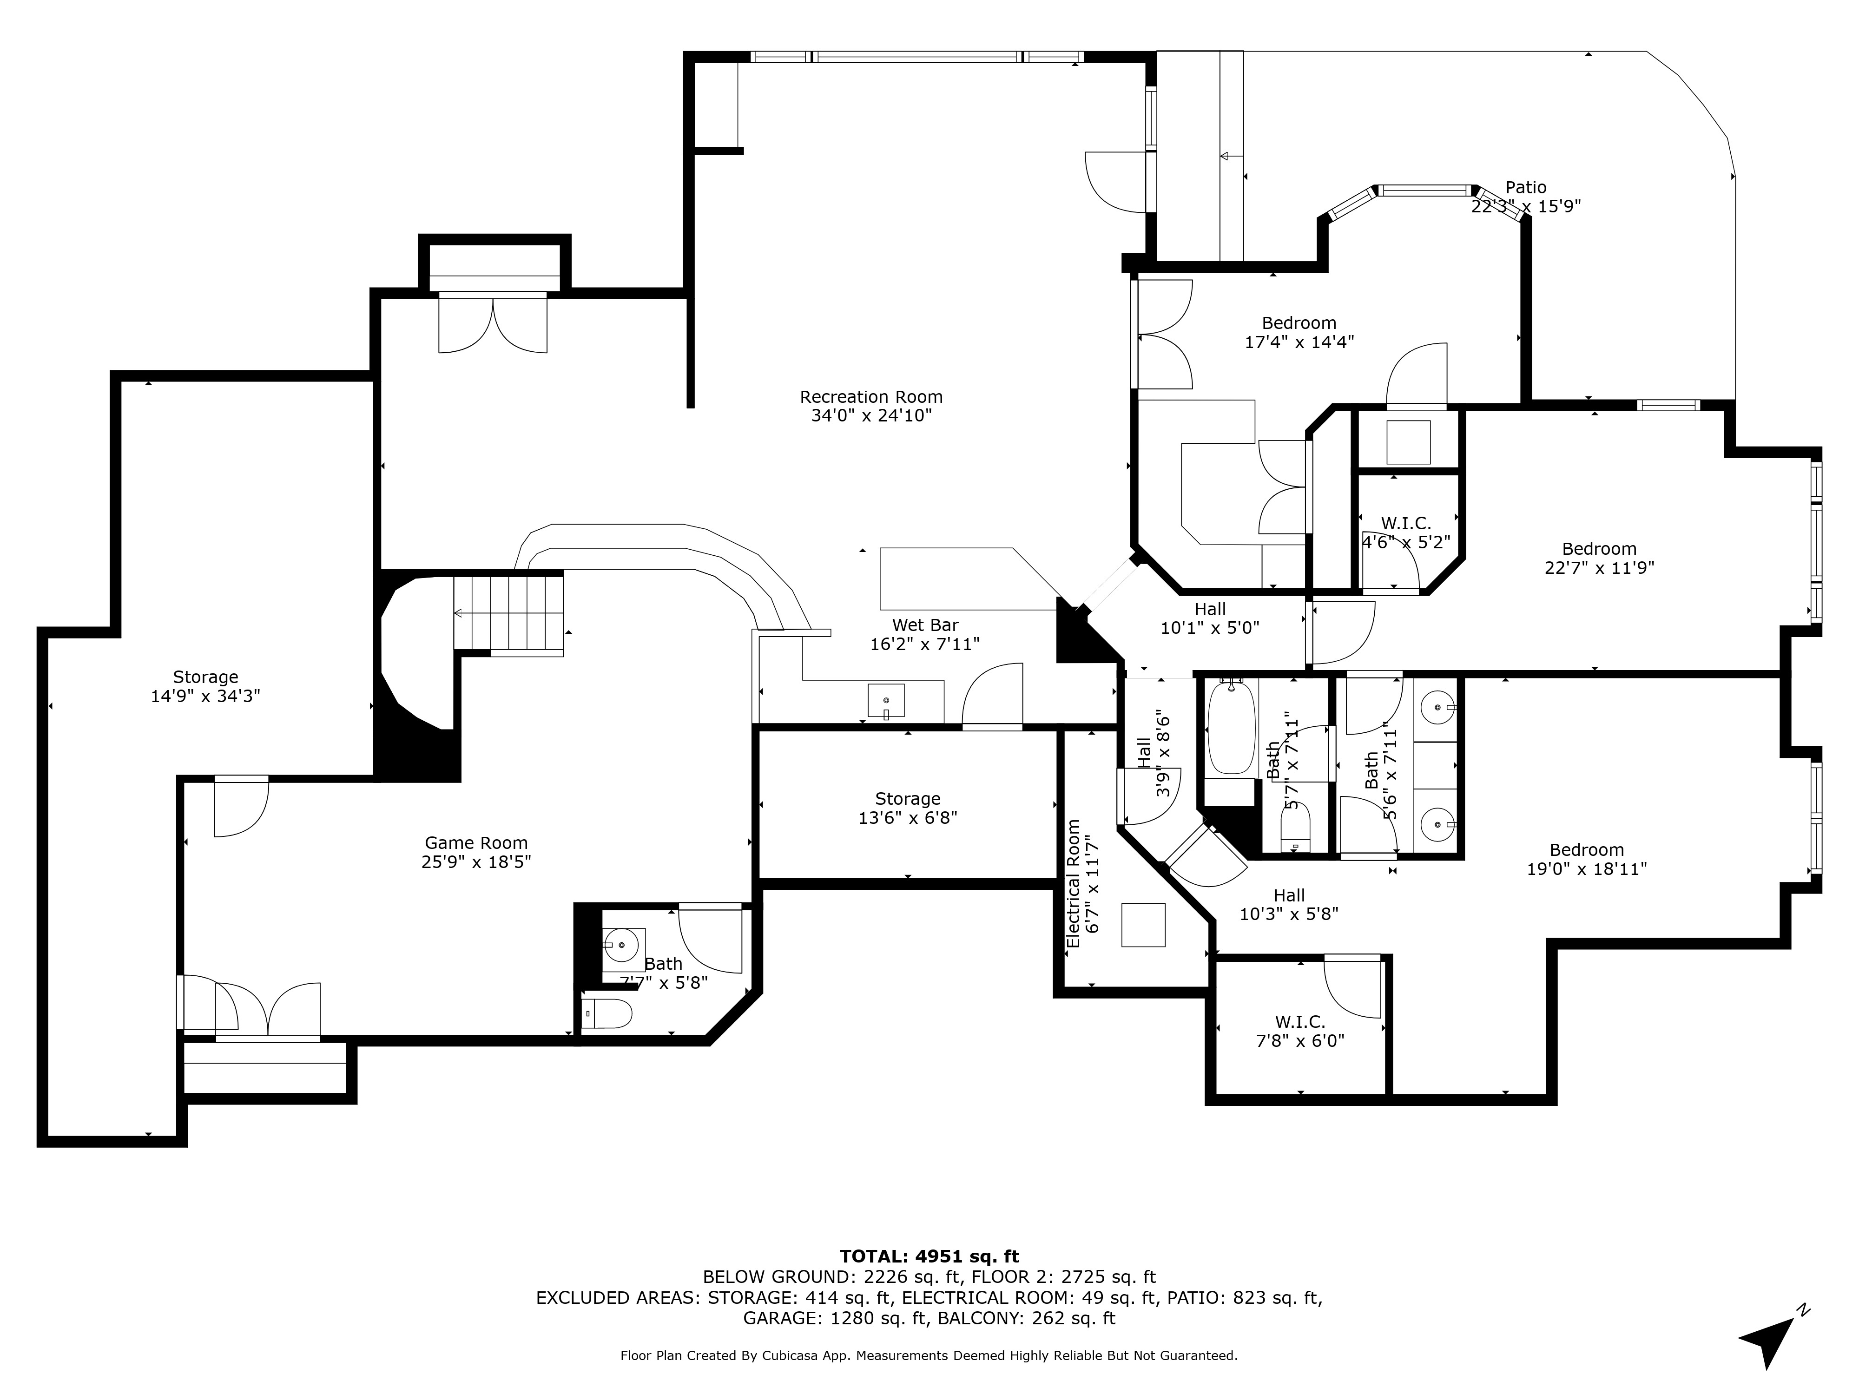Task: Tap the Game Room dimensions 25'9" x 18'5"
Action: tap(476, 861)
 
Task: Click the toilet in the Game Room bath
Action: tap(607, 1015)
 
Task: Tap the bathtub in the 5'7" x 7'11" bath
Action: tap(1231, 728)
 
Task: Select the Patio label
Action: tap(1525, 187)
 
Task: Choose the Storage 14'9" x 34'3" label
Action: tap(205, 686)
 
